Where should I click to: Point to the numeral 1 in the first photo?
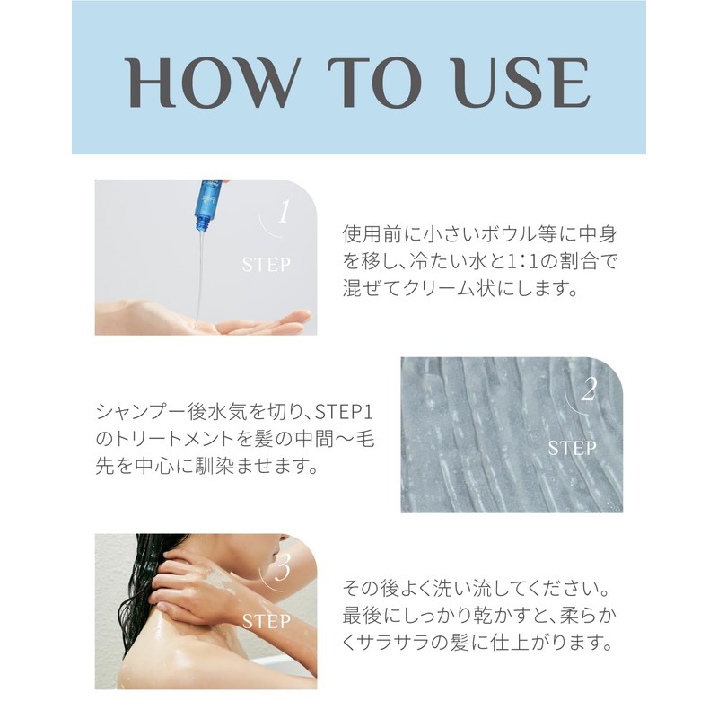pyautogui.click(x=285, y=212)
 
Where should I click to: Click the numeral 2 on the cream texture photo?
pyautogui.click(x=589, y=390)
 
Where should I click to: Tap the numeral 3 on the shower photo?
pyautogui.click(x=283, y=568)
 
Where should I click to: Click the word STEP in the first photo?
pyautogui.click(x=266, y=265)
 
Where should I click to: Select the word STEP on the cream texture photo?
pyautogui.click(x=572, y=448)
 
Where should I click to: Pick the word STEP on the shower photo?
pyautogui.click(x=266, y=621)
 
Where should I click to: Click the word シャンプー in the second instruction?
pyautogui.click(x=141, y=412)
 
